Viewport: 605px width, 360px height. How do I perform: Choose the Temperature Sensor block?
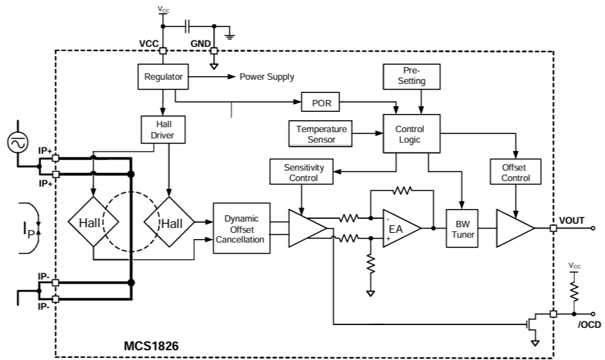click(320, 134)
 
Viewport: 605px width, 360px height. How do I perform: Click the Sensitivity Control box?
click(300, 173)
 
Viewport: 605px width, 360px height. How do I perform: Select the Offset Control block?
click(516, 173)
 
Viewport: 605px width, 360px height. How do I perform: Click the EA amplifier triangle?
click(400, 228)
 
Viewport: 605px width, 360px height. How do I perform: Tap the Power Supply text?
click(267, 77)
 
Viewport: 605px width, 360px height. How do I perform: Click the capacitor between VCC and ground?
click(187, 27)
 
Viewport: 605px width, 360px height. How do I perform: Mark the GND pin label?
click(201, 43)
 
